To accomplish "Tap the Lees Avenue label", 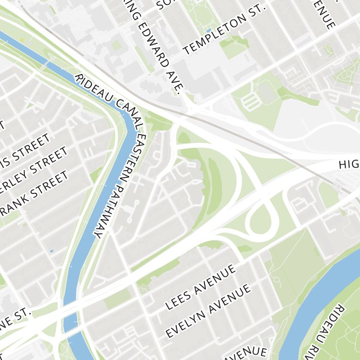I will point(201,288).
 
